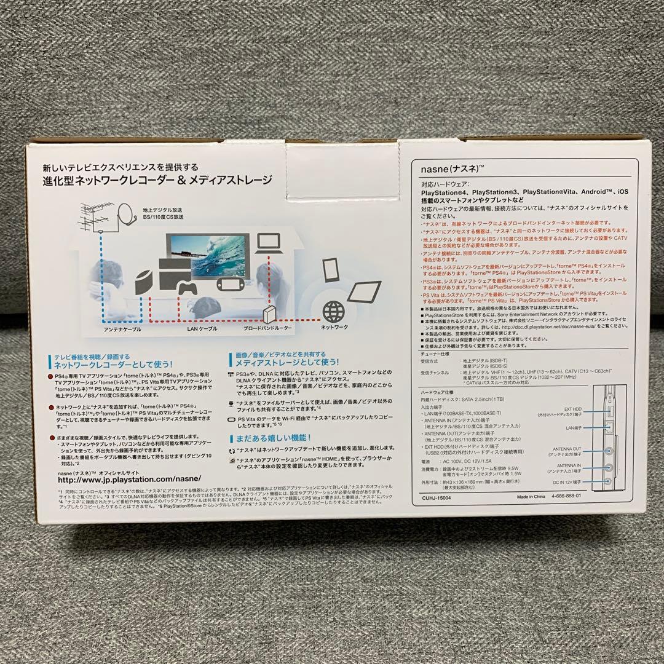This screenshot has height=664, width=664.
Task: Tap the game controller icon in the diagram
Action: [187, 288]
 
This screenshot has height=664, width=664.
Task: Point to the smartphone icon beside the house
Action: [330, 269]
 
